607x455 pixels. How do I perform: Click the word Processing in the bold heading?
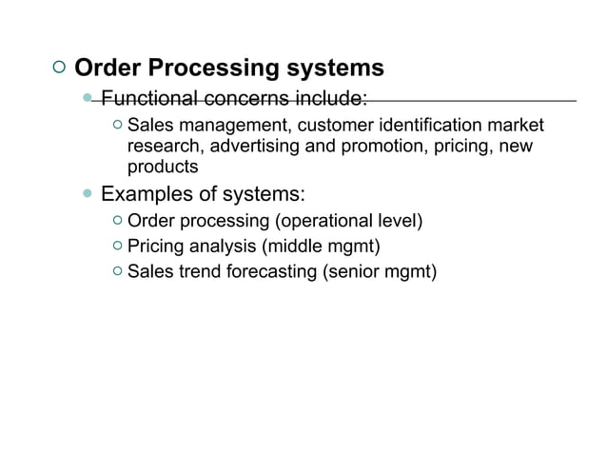(206, 69)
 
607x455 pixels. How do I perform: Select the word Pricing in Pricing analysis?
(153, 247)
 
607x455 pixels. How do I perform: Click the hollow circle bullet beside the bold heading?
(58, 69)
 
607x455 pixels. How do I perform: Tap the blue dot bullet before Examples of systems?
(88, 194)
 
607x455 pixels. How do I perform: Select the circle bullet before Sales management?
(115, 126)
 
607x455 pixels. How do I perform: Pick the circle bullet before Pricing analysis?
(115, 247)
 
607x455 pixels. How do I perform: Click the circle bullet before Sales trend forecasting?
(115, 272)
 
